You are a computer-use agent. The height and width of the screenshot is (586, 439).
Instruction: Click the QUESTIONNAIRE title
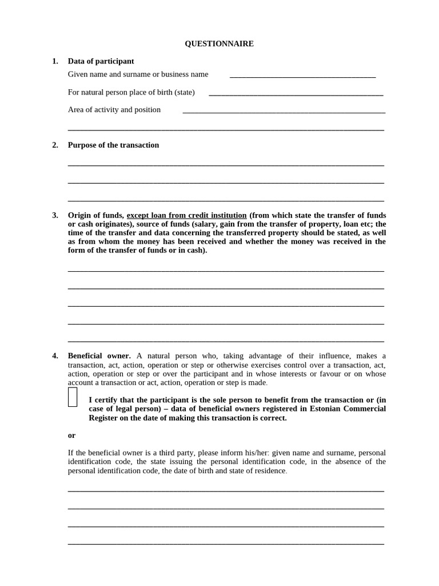pos(219,43)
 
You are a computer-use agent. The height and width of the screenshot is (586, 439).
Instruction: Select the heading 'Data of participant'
pos(101,61)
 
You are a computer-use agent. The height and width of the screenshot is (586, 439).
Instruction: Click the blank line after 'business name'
pos(302,75)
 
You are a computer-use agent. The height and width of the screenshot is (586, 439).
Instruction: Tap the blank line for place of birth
pos(296,93)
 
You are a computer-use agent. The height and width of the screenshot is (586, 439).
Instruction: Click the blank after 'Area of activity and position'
pos(284,111)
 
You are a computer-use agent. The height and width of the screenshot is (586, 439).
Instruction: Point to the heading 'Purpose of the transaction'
pos(113,145)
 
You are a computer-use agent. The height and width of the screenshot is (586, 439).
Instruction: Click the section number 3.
pos(55,215)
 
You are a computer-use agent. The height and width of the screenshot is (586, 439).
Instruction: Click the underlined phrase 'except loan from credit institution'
pos(186,215)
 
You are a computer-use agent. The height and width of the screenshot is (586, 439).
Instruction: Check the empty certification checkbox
pos(73,397)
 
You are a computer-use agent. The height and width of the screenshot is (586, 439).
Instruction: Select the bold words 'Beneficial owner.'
pos(99,355)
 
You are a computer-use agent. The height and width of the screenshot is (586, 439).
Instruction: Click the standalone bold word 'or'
pos(71,435)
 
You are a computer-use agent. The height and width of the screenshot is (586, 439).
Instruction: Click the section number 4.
pos(55,355)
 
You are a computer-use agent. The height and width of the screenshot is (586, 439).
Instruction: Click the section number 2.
pos(55,145)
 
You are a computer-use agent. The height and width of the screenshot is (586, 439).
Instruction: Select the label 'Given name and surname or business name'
pos(138,74)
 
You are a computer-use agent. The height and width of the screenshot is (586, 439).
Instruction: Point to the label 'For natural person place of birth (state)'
pos(131,92)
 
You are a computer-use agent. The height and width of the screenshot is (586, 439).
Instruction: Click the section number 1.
pos(55,61)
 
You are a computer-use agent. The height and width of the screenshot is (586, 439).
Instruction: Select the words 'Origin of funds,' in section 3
pos(95,215)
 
